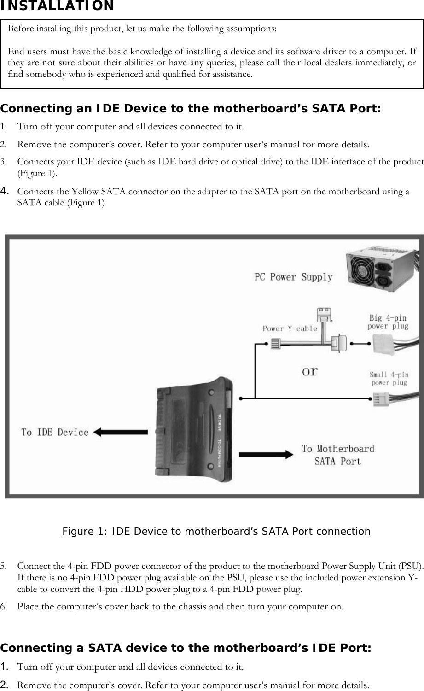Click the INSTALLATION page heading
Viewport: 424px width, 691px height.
57,6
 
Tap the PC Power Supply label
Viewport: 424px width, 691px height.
293,277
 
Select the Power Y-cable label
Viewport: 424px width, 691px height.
290,328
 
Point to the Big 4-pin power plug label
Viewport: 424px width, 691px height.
388,322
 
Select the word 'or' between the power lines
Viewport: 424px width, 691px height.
309,371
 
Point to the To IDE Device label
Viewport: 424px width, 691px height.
55,432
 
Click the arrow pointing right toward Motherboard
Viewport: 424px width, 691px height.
266,454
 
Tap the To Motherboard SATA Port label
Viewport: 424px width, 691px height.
338,455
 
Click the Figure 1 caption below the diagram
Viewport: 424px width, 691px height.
216,532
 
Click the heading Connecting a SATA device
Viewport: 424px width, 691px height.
186,648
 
